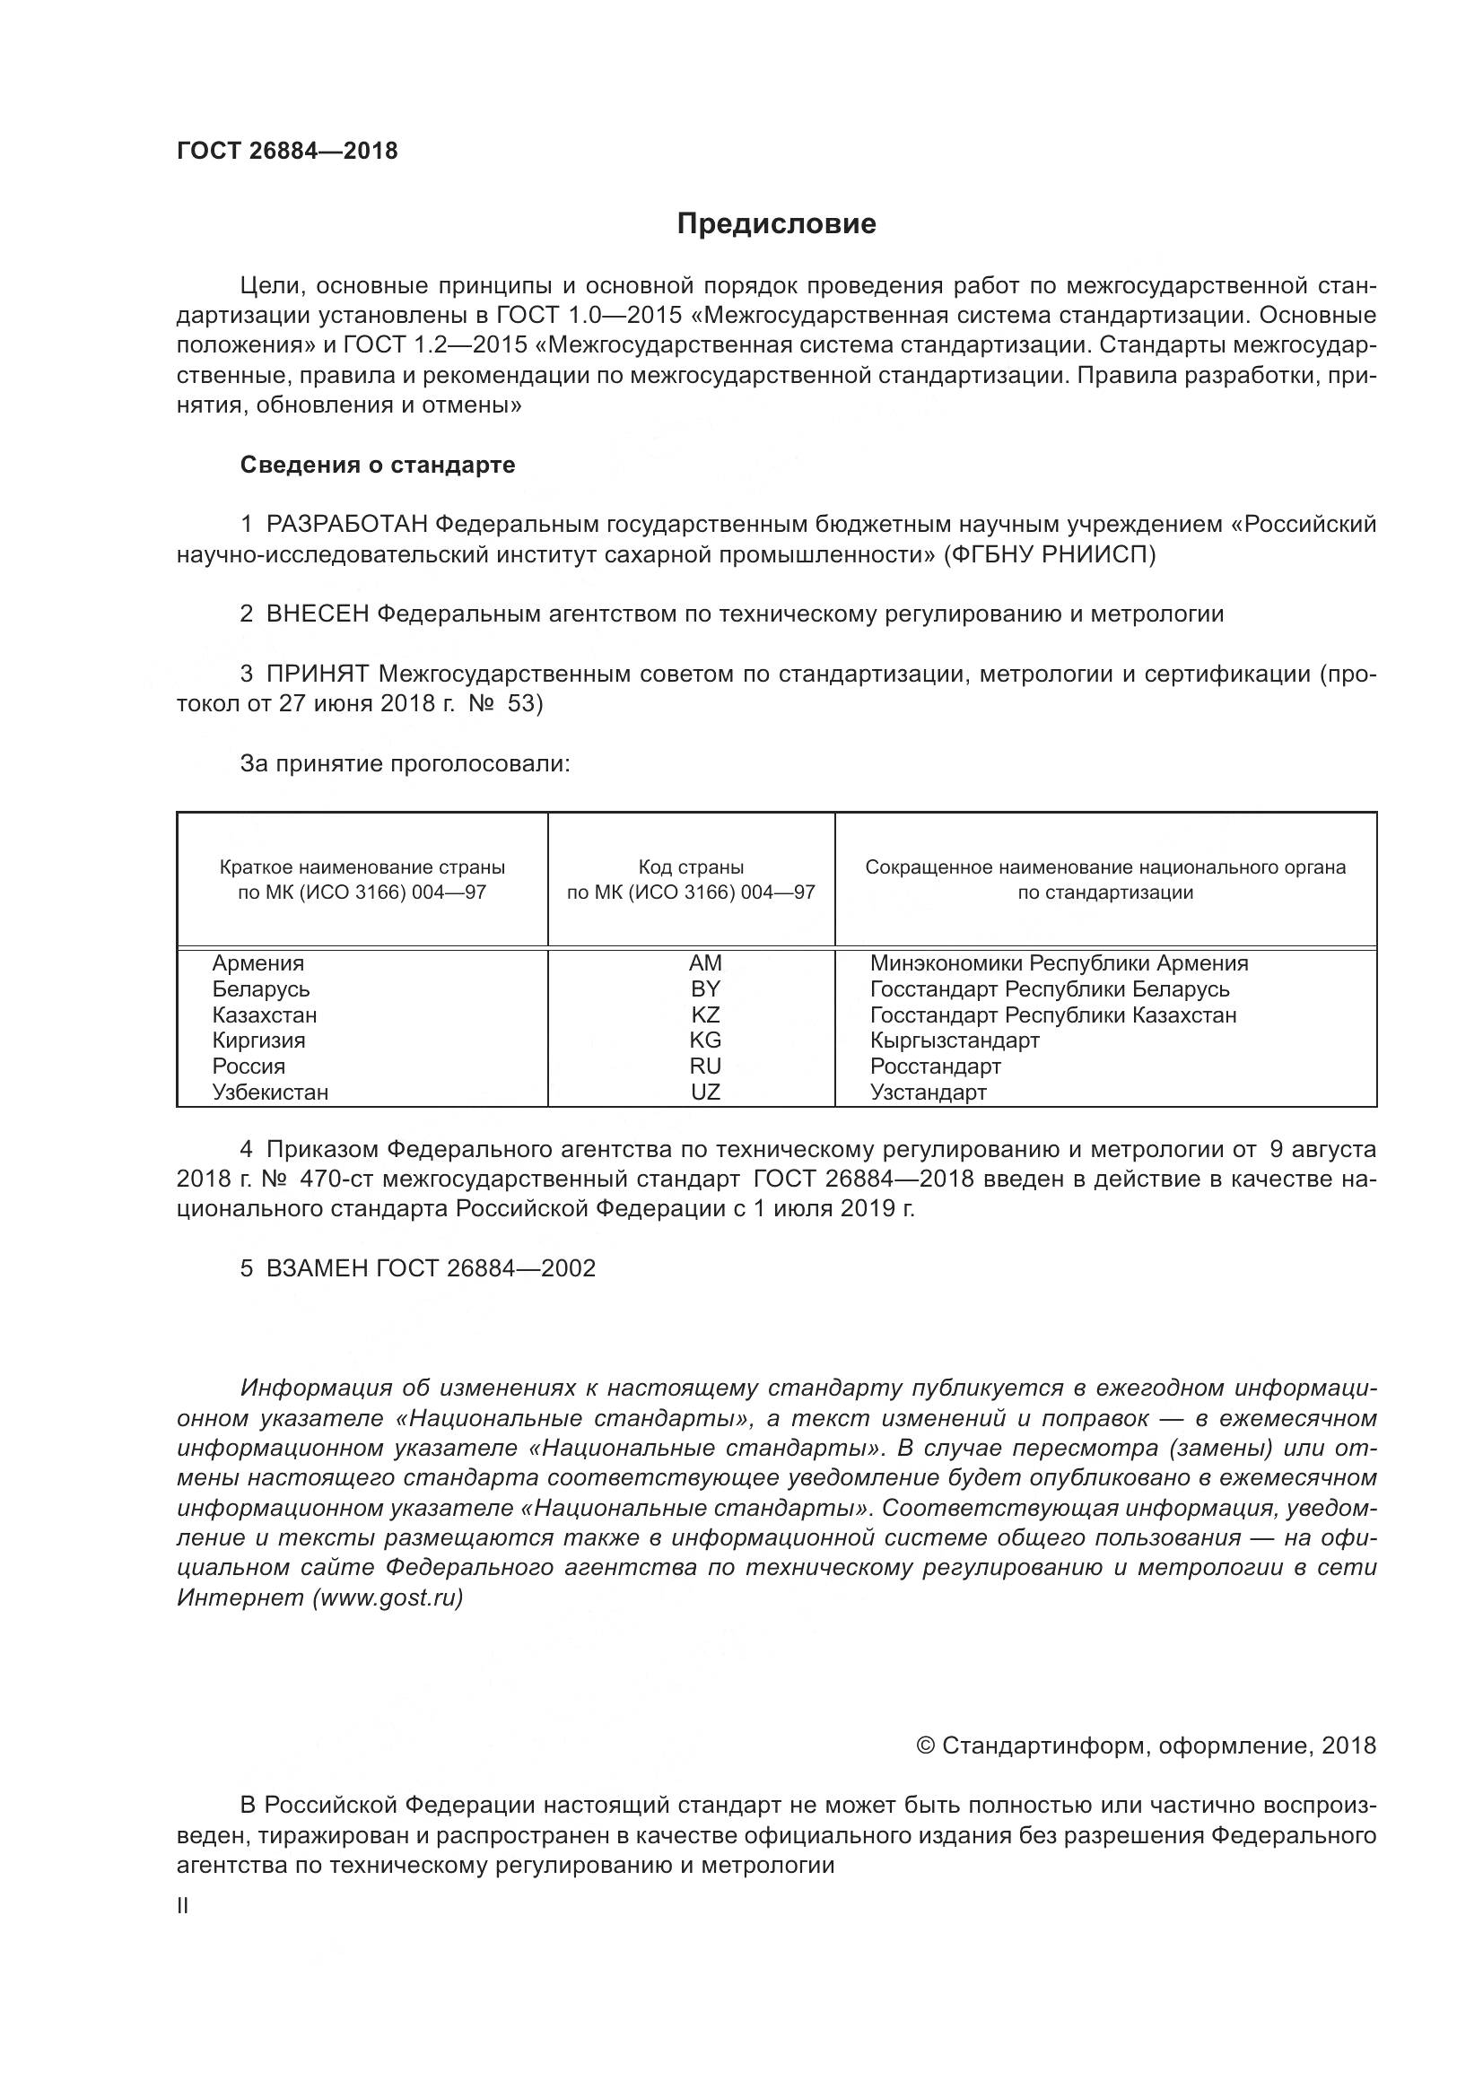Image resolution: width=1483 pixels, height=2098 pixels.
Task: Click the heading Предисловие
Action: pyautogui.click(x=776, y=224)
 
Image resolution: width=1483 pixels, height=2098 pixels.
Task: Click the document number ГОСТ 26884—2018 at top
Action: pyautogui.click(x=287, y=151)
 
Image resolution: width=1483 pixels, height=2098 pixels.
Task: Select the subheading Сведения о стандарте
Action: pyautogui.click(x=378, y=466)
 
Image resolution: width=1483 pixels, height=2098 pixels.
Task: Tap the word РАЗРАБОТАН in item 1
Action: pyautogui.click(x=346, y=525)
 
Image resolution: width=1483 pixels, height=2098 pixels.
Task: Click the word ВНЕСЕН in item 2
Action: pyautogui.click(x=317, y=614)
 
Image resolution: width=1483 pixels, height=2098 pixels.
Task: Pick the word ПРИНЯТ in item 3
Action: pyautogui.click(x=317, y=675)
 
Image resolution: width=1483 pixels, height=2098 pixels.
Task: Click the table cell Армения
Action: pyautogui.click(x=258, y=963)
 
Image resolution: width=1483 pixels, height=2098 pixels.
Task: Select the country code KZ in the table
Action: pyautogui.click(x=705, y=1014)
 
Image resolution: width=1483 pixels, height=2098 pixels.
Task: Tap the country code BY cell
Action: pyautogui.click(x=705, y=988)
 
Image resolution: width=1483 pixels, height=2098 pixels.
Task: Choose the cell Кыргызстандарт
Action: pyautogui.click(x=954, y=1040)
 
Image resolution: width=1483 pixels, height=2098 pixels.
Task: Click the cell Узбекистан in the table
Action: pyautogui.click(x=270, y=1092)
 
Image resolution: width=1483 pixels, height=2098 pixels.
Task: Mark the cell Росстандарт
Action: pyautogui.click(x=935, y=1066)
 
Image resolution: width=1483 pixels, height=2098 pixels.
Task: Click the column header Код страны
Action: pyautogui.click(x=691, y=867)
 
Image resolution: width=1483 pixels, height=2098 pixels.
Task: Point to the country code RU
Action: pyautogui.click(x=705, y=1066)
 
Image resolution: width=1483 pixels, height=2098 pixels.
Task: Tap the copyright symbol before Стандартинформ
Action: pyautogui.click(x=925, y=1746)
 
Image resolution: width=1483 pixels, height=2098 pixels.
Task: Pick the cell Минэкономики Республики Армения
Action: pyautogui.click(x=1058, y=963)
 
